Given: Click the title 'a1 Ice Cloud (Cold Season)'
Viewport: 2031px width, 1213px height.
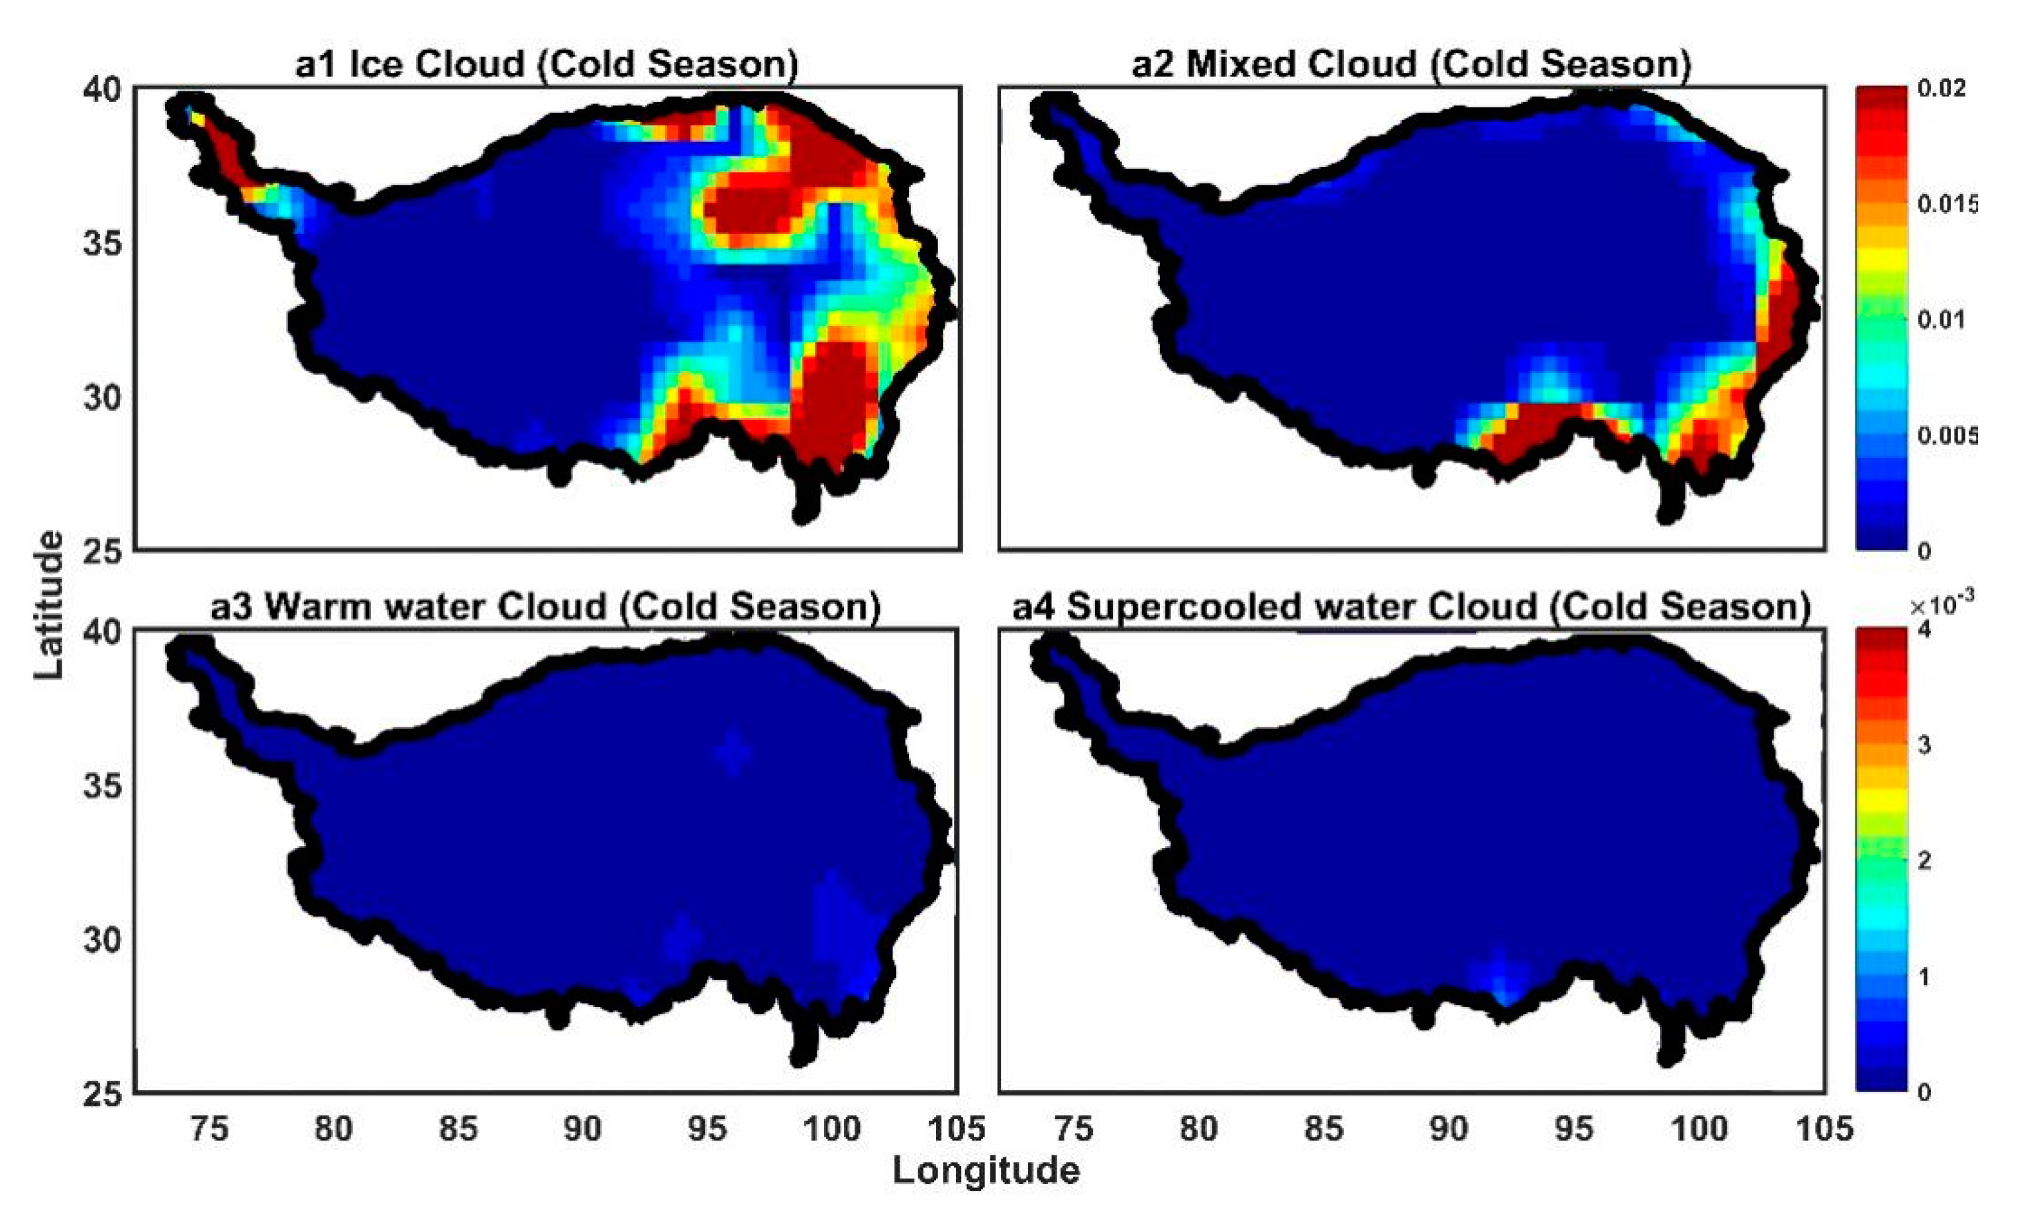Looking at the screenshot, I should (x=546, y=64).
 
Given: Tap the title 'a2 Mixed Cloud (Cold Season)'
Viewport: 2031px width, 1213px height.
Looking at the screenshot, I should (x=1411, y=64).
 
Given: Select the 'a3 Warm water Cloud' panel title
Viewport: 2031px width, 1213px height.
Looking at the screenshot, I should (x=546, y=607).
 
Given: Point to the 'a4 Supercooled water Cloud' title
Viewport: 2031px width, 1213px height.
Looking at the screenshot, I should (x=1411, y=607).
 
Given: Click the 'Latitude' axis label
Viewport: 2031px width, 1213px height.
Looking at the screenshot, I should (x=49, y=605).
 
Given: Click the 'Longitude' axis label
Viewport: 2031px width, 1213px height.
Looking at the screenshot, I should (x=986, y=1170).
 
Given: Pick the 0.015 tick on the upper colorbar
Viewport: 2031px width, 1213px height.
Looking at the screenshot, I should (x=1948, y=203).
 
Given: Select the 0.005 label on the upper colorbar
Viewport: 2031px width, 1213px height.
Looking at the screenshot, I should (x=1948, y=435).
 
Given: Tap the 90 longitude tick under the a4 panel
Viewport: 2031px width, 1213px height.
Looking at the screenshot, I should (x=1448, y=1129).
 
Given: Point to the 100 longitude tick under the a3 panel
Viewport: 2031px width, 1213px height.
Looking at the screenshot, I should (x=831, y=1129).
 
